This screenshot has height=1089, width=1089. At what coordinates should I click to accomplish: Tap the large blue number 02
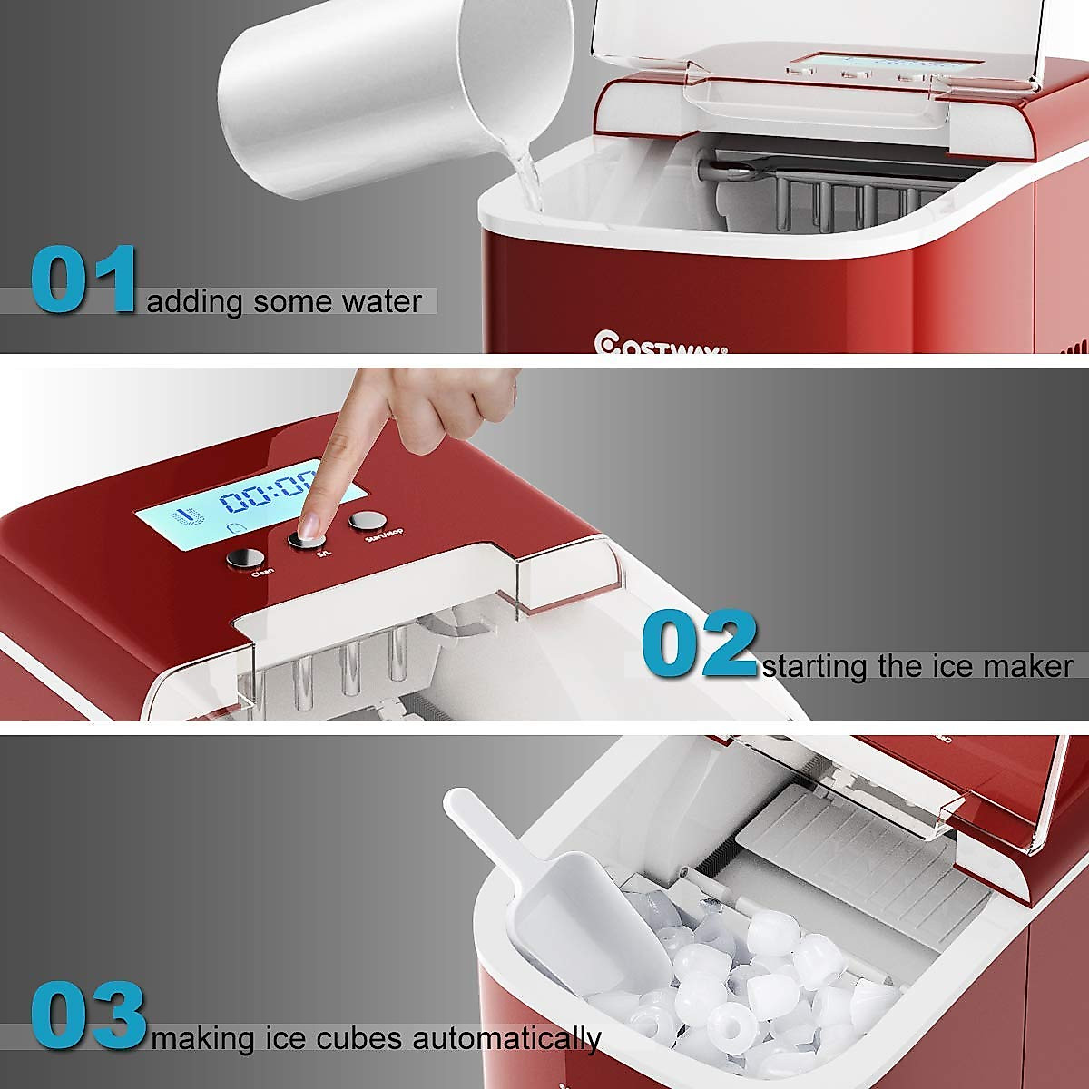pos(699,645)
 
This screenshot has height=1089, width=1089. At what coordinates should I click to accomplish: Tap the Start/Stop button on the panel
pos(367,520)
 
